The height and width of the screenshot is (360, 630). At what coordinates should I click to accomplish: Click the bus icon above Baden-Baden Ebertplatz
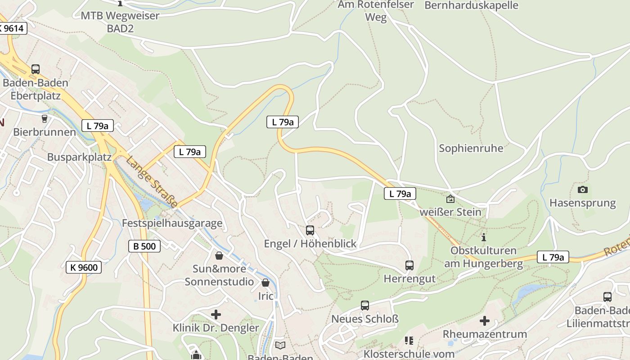(x=36, y=69)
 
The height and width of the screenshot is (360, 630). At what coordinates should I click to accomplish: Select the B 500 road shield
(x=144, y=246)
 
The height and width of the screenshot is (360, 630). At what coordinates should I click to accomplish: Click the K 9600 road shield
(x=84, y=267)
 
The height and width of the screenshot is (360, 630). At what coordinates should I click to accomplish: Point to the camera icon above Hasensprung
(x=583, y=189)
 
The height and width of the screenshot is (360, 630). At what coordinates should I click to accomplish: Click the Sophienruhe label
(x=471, y=148)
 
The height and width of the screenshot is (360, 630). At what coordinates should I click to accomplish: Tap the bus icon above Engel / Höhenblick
(x=310, y=230)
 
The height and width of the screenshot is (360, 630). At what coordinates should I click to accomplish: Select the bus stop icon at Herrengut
(x=409, y=265)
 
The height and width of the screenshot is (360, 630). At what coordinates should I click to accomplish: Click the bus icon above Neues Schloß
(x=365, y=306)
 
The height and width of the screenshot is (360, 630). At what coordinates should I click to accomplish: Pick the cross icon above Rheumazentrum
(x=485, y=321)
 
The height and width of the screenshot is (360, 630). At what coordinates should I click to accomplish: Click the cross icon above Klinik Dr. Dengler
(x=216, y=315)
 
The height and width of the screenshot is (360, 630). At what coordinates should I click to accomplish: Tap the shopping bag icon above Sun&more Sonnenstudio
(x=219, y=256)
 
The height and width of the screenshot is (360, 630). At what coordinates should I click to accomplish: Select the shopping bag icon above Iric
(x=265, y=283)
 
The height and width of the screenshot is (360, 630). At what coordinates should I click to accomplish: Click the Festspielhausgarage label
(x=172, y=223)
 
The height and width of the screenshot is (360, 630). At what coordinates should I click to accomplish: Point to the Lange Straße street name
(x=152, y=182)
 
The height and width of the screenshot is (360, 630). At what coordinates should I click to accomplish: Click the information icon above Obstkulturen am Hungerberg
(x=484, y=237)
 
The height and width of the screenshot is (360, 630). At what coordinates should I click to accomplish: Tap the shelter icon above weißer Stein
(x=450, y=198)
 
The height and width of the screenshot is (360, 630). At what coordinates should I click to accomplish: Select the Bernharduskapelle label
(x=471, y=5)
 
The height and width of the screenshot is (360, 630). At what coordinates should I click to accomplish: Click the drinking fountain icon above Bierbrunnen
(x=44, y=119)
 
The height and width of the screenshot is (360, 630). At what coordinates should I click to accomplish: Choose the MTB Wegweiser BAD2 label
(x=120, y=22)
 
